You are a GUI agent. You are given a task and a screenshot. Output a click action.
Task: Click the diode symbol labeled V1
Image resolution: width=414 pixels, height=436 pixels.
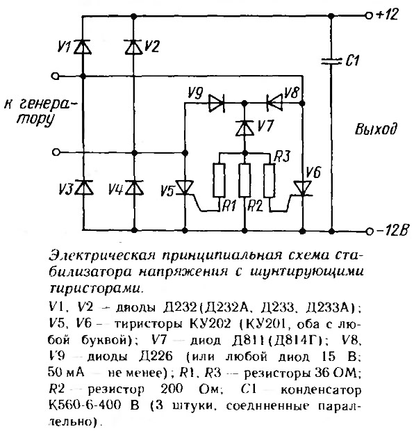click(x=83, y=47)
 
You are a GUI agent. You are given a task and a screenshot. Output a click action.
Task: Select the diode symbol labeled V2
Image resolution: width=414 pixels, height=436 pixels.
click(x=134, y=47)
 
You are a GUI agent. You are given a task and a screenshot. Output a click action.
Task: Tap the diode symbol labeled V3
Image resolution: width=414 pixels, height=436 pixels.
click(x=84, y=188)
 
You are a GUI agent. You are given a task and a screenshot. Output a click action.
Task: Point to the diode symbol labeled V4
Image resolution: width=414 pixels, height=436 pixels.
click(x=134, y=188)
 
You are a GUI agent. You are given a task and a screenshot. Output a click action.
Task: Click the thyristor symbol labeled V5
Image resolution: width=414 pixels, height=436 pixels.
click(x=185, y=188)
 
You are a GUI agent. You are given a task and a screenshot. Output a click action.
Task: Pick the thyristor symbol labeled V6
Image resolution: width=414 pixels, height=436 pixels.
click(x=303, y=188)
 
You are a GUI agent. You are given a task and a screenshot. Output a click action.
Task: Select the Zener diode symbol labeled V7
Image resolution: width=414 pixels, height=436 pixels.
click(x=245, y=128)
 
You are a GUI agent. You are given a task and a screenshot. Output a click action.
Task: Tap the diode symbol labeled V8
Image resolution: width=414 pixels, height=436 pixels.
click(x=274, y=103)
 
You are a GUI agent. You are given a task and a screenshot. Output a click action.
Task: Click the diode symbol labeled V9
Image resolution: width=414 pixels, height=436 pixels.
click(x=217, y=103)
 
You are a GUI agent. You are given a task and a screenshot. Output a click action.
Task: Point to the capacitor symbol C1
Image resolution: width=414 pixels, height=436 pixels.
click(x=331, y=61)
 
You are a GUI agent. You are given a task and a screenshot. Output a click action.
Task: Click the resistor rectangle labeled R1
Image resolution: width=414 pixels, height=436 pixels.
click(x=219, y=181)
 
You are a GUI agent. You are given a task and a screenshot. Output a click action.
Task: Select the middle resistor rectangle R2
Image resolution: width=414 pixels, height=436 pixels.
click(x=245, y=181)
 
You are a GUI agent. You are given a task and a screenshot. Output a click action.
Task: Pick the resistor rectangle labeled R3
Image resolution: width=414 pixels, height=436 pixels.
click(x=270, y=181)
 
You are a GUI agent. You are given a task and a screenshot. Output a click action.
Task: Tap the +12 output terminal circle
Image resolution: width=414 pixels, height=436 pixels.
click(x=368, y=16)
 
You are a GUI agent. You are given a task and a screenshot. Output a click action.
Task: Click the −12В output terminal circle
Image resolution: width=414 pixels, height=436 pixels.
click(x=369, y=231)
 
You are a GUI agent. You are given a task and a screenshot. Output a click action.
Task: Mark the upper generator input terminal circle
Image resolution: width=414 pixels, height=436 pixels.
click(x=56, y=76)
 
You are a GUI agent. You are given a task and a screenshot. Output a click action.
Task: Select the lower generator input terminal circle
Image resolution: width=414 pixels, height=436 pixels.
click(x=56, y=152)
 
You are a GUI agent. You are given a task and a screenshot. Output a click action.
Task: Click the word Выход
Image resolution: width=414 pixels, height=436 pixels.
click(x=376, y=129)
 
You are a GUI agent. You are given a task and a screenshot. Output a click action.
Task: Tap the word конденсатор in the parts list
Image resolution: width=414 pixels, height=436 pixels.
click(x=321, y=390)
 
